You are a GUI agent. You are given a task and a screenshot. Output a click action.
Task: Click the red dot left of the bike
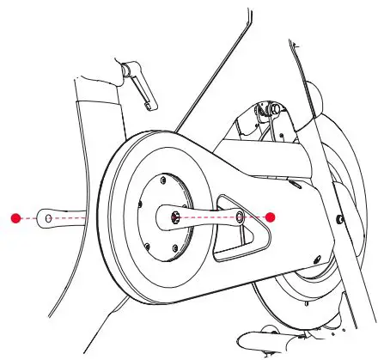(15, 218)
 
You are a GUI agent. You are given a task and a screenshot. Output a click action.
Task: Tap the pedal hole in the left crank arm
(47, 218)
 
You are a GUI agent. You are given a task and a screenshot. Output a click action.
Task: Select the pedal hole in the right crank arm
(241, 218)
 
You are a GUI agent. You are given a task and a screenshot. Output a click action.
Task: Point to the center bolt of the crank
(176, 218)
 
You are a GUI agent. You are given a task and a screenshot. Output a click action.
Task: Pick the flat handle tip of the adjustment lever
(151, 104)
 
